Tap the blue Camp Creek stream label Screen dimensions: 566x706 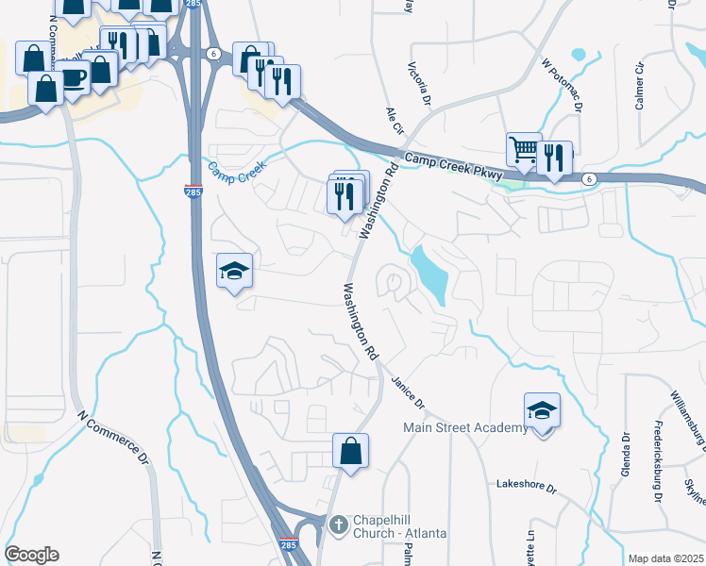click(239, 171)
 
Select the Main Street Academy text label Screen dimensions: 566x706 click(465, 428)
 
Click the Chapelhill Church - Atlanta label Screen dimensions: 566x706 click(399, 526)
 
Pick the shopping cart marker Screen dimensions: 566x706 click(524, 149)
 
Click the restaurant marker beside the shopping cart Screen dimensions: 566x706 click(555, 158)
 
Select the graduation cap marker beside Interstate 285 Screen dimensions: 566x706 click(234, 273)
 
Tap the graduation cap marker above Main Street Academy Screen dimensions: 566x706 click(542, 411)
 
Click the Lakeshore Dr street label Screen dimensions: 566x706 click(528, 488)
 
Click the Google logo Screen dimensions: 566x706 click(31, 555)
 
